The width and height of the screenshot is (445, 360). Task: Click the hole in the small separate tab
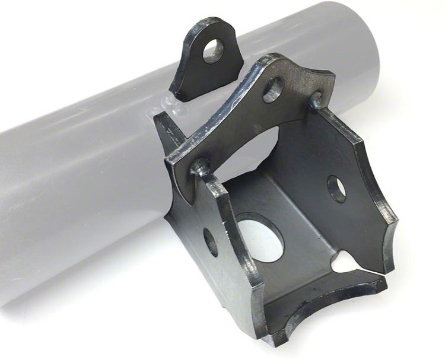coord(214,51)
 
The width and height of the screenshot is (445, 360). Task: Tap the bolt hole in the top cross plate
coord(273,89)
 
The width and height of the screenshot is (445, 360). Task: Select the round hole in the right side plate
coord(336,189)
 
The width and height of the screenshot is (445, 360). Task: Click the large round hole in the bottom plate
coord(260,237)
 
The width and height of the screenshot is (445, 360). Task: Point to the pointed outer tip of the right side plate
coord(392,262)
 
